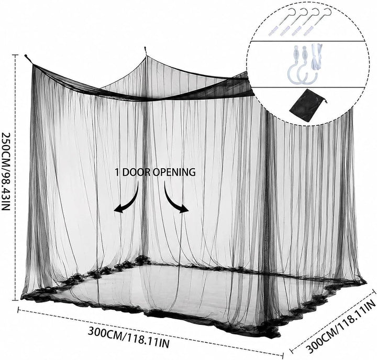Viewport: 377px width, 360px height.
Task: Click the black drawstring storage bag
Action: coord(306,105)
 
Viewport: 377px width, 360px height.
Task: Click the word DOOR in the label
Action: coord(136,172)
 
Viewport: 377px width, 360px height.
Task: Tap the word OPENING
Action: coord(174,172)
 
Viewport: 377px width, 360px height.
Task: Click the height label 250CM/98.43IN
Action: coord(6,171)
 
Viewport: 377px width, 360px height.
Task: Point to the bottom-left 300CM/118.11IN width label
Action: coord(129,336)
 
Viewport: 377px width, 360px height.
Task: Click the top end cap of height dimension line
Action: coord(15,55)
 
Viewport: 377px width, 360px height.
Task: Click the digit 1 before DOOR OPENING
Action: coord(117,172)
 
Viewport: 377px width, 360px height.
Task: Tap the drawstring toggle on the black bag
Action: coord(326,102)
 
